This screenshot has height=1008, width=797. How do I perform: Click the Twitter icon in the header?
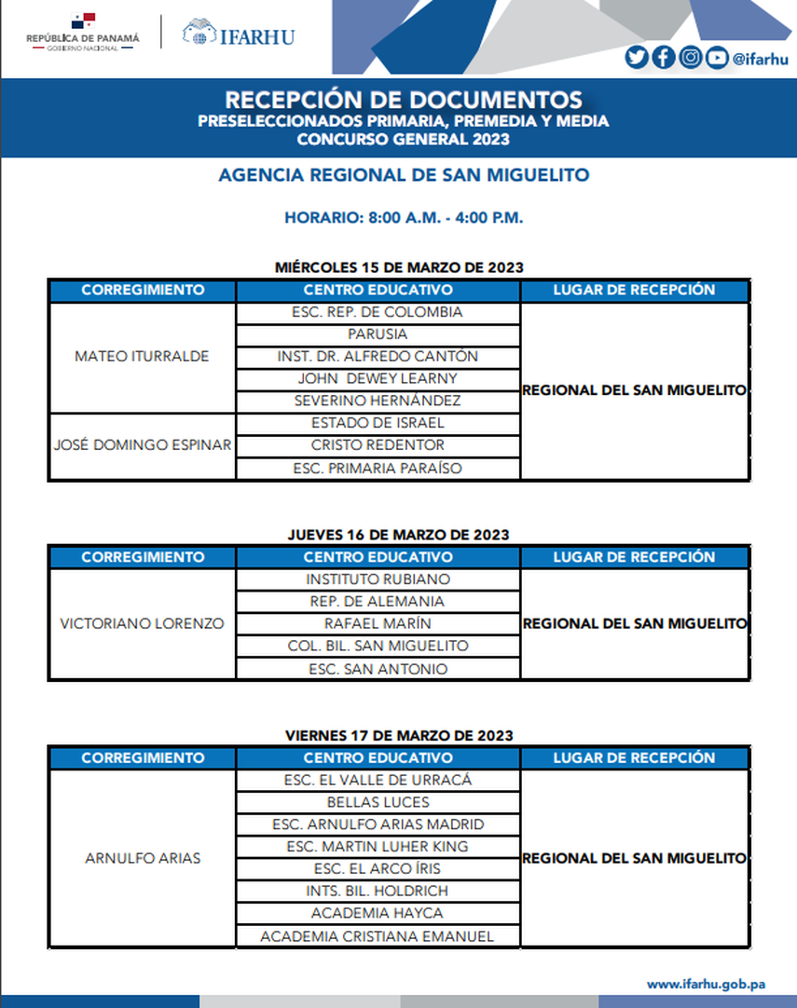[x=637, y=58]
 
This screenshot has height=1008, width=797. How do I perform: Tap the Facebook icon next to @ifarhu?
[x=663, y=58]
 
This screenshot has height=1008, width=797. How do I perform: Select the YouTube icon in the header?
[x=716, y=58]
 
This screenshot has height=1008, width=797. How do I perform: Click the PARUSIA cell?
[x=378, y=334]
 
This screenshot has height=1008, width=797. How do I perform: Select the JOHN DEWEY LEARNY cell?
[x=378, y=379]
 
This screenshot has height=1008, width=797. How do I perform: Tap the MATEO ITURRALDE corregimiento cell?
[x=142, y=357]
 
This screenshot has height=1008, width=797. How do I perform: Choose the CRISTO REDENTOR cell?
[x=378, y=445]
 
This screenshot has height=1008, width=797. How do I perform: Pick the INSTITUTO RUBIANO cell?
[x=378, y=579]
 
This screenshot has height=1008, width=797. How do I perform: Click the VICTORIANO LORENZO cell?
[x=142, y=624]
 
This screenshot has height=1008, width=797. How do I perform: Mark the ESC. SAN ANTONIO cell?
[x=378, y=669]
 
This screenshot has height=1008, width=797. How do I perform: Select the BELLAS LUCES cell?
[x=378, y=802]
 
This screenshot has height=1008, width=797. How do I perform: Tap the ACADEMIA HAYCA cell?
[x=378, y=914]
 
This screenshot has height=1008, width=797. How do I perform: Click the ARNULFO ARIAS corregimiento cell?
[x=142, y=858]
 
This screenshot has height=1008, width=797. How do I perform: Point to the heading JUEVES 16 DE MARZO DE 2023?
[x=398, y=535]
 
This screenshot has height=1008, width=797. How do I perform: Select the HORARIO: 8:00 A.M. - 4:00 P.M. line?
[x=404, y=218]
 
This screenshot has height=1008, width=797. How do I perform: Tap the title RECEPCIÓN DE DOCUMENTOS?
[x=404, y=100]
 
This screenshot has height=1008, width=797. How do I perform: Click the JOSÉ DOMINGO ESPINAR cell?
[x=142, y=445]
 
